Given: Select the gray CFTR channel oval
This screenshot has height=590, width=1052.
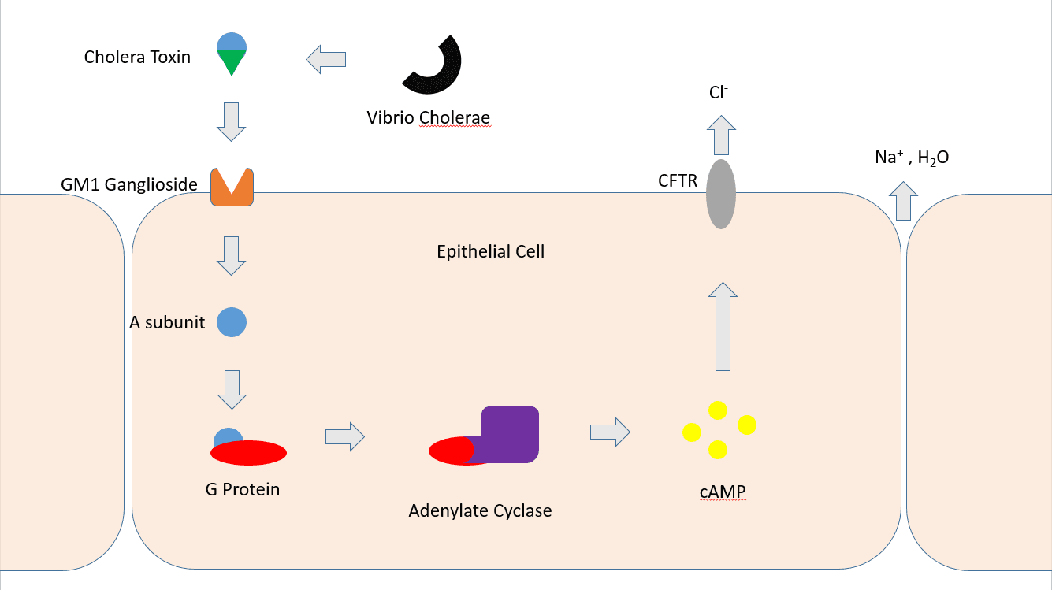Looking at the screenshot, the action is [721, 195].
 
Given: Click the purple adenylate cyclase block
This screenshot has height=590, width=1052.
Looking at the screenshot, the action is [510, 435].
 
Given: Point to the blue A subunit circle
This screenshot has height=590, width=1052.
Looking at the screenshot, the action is [232, 322].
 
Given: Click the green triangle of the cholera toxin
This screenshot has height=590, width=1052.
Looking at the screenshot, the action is [232, 61].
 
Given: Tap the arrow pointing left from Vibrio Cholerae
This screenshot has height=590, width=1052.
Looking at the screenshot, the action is [326, 60].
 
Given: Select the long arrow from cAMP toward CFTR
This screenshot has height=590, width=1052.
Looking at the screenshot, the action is [723, 327].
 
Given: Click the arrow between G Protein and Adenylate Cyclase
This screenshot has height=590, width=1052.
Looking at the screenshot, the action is [344, 437].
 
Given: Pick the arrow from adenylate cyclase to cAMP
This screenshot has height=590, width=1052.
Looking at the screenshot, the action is [610, 432].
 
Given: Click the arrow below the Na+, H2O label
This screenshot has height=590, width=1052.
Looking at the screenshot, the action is [904, 201].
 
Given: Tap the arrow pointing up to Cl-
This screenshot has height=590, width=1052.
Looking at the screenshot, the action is [721, 135].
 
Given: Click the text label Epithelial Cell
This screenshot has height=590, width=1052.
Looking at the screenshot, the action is [491, 251].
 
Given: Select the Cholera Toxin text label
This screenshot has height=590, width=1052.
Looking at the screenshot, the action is [137, 57].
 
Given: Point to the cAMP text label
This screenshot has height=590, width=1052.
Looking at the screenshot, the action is [723, 492].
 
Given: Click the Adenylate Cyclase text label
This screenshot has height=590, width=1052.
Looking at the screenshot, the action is [480, 510].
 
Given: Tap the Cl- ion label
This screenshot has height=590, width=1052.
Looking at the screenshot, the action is [719, 92].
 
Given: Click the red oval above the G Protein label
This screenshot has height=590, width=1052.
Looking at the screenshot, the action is [248, 453].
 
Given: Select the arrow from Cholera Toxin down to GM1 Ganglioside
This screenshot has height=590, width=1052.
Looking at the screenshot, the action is [231, 122].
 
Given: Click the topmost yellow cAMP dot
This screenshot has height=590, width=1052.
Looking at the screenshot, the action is [718, 410].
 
